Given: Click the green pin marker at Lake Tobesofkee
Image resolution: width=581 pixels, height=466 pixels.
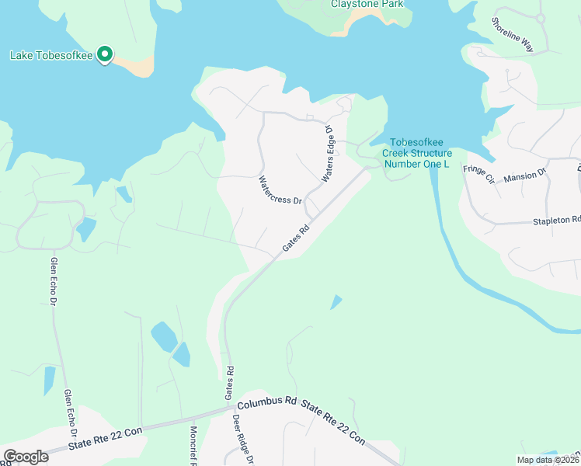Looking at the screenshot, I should [107, 55].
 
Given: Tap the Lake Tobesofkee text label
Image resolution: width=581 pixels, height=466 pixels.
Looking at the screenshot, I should [50, 55].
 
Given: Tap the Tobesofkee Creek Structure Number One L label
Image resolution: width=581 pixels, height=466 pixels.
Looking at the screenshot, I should [420, 153].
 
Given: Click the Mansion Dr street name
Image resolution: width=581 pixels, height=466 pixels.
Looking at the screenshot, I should [526, 177].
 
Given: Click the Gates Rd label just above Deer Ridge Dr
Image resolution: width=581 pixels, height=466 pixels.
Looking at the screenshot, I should [229, 384].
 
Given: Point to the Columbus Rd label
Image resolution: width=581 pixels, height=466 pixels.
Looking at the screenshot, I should [268, 404].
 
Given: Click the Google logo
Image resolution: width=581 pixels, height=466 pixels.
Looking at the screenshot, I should [26, 457].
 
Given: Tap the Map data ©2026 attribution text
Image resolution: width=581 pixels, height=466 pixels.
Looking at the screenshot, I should [547, 460].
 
